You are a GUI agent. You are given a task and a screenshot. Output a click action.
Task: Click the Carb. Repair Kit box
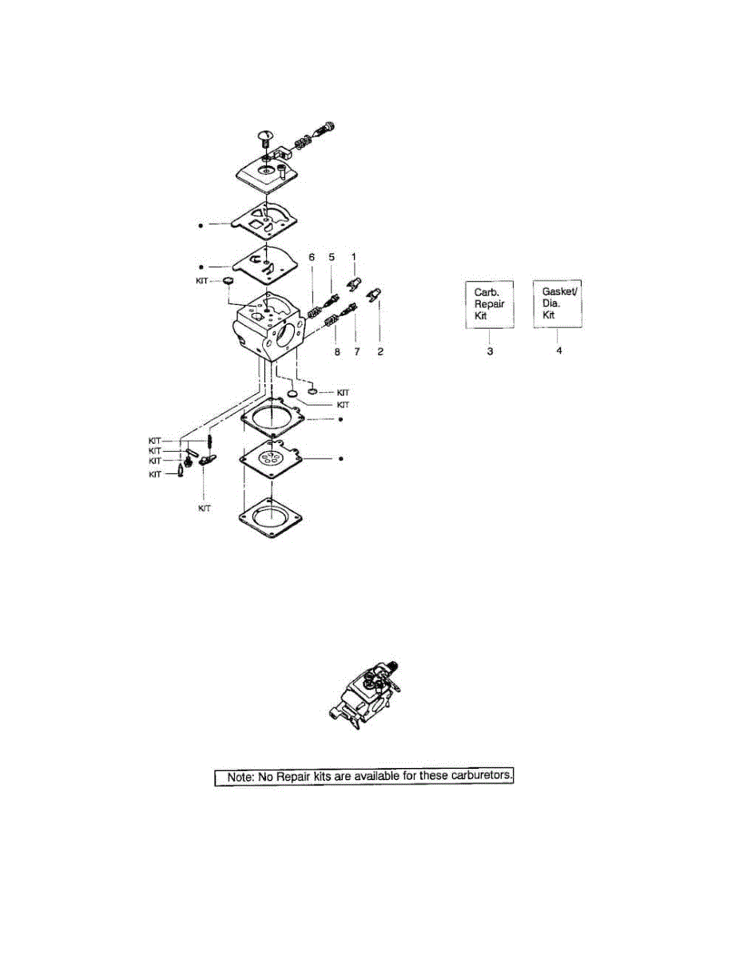point(489,304)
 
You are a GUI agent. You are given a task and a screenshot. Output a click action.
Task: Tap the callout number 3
point(489,351)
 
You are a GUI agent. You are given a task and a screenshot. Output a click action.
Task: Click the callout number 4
point(558,351)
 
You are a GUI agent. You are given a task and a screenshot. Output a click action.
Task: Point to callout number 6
point(312,257)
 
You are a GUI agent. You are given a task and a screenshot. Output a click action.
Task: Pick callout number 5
point(331,257)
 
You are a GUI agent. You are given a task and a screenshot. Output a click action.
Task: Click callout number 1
point(354,257)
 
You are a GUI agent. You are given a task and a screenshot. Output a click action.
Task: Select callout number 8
point(336,351)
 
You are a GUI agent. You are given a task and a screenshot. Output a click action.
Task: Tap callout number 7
point(356,351)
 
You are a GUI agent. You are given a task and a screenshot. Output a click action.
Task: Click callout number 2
point(380,351)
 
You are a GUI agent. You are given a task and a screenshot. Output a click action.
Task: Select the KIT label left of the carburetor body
point(205,281)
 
